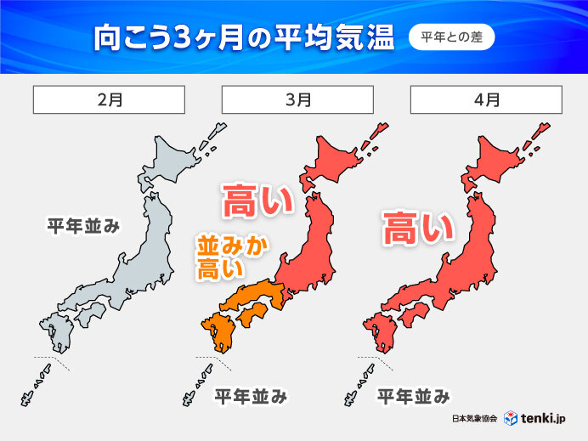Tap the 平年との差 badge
[451, 37]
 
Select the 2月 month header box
[109, 99]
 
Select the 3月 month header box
[297, 99]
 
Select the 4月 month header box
[486, 99]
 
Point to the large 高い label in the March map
[257, 202]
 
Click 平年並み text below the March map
[250, 395]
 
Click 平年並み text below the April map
[413, 395]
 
